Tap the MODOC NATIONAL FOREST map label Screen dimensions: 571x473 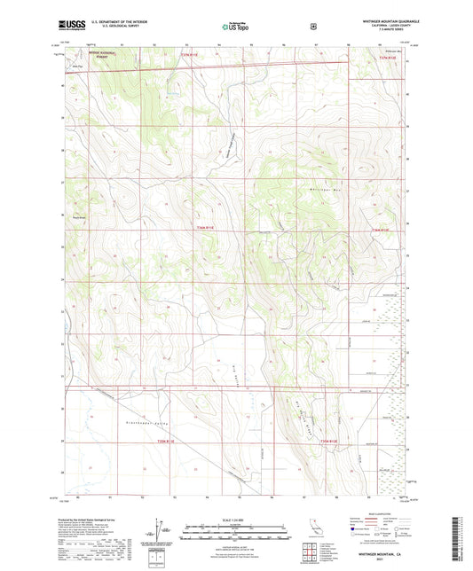(x=111, y=52)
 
